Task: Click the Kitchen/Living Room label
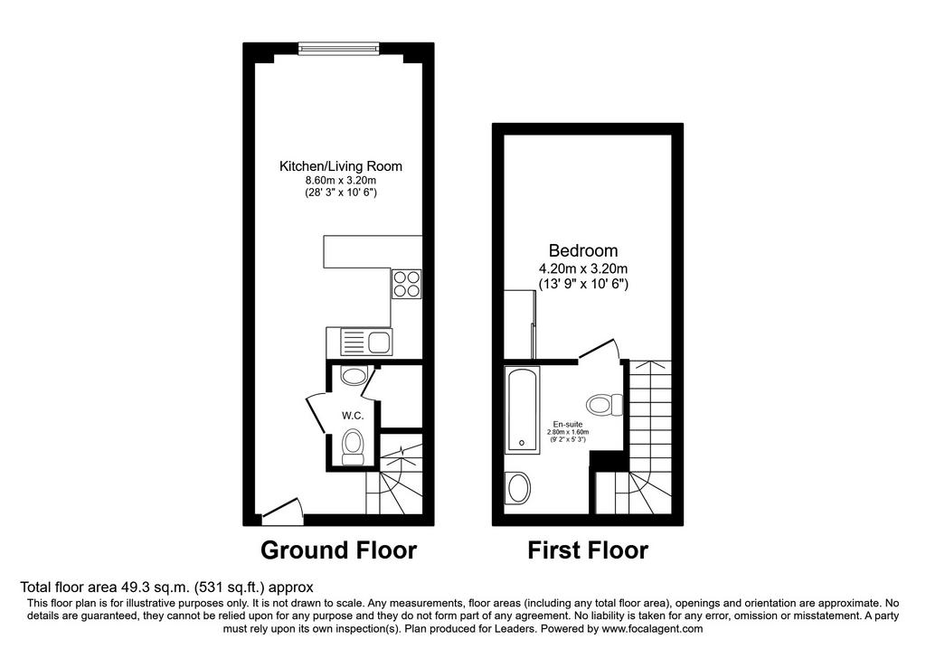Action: [341, 166]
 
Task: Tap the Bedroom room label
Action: [583, 251]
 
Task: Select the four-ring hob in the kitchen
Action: [407, 284]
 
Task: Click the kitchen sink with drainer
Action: [359, 342]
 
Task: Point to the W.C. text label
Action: [353, 416]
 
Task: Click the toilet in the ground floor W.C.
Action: [354, 447]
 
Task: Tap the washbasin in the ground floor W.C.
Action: [354, 375]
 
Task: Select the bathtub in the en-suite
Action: [522, 409]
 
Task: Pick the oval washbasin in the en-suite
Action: [519, 488]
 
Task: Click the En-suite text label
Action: [568, 425]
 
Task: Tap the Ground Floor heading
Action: [339, 550]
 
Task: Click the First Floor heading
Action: [588, 550]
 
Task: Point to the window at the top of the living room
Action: [339, 49]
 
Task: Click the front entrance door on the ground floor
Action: [282, 512]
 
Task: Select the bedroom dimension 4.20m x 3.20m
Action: [583, 269]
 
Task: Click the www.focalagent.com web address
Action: [652, 628]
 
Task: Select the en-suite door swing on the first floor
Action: [600, 348]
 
